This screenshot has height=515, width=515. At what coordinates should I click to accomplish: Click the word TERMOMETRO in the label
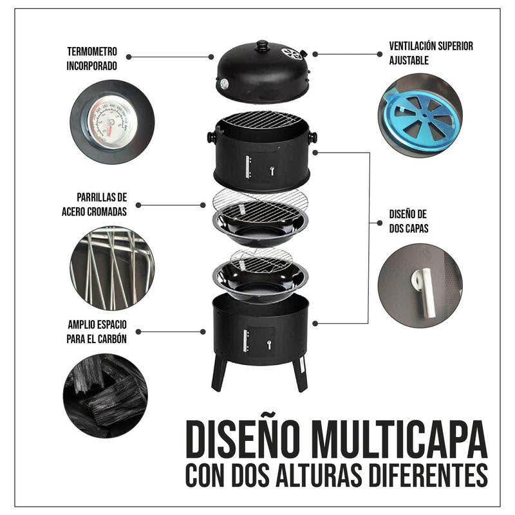(x=92, y=51)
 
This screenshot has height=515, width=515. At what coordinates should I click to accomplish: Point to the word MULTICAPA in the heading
(x=399, y=440)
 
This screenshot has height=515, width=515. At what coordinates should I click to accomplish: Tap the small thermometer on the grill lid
(x=223, y=84)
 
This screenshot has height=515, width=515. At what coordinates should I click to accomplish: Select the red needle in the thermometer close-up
(x=109, y=129)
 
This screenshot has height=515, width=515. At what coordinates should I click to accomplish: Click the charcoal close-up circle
(x=106, y=395)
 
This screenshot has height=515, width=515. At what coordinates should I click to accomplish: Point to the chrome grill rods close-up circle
(x=112, y=268)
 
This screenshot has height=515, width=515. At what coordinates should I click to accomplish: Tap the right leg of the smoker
(x=300, y=374)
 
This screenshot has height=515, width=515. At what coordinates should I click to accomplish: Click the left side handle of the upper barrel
(x=211, y=136)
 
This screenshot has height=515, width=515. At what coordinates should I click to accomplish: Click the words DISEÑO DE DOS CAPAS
(x=409, y=221)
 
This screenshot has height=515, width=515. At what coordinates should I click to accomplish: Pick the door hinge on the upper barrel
(x=248, y=167)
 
